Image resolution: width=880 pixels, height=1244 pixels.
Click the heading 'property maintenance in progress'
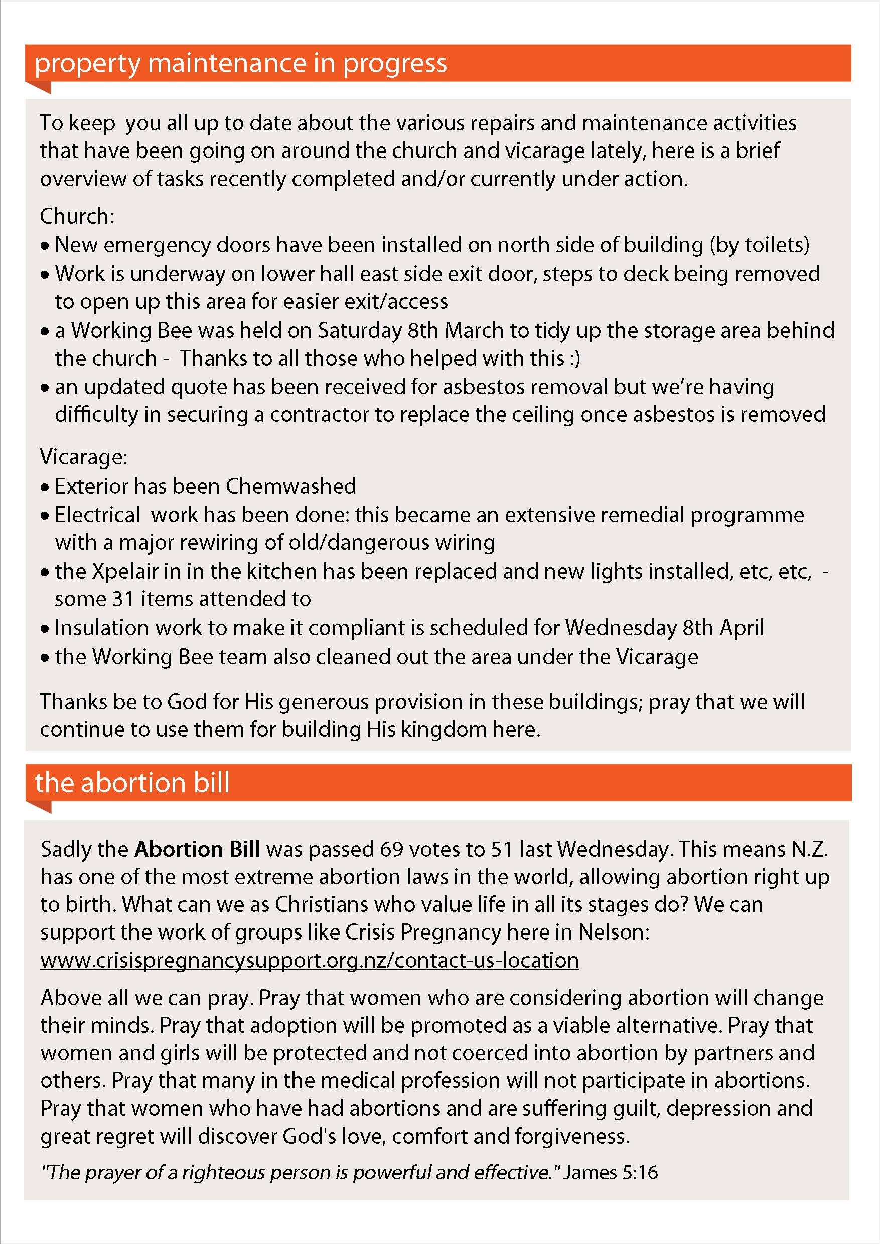pos(241,63)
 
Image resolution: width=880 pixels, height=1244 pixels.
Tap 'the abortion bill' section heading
pos(132,783)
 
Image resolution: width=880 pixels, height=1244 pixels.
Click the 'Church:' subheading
pos(77,216)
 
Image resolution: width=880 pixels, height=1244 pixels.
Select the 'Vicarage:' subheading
pos(83,457)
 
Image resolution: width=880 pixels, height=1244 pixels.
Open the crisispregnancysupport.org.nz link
pos(310,960)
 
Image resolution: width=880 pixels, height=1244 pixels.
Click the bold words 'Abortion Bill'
pos(197,849)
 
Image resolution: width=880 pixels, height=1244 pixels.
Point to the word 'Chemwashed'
pos(291,486)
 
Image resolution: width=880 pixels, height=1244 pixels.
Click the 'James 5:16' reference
pos(611,1172)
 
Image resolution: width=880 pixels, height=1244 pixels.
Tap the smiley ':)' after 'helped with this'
pos(574,358)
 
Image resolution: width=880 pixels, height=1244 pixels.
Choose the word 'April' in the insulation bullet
pos(742,628)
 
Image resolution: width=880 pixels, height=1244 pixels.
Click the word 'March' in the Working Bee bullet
pos(474,330)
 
